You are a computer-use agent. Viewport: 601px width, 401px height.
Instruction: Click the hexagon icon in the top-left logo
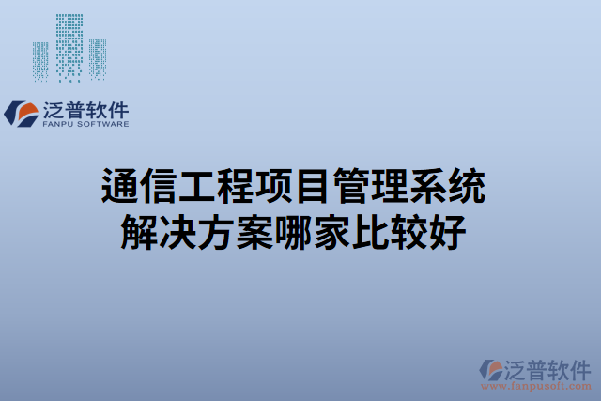[x=22, y=114]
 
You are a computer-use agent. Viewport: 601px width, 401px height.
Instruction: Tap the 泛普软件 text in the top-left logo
[x=85, y=109]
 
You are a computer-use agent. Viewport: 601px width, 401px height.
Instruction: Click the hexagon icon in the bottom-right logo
[x=490, y=369]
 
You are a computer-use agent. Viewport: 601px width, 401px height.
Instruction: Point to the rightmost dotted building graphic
[x=98, y=58]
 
